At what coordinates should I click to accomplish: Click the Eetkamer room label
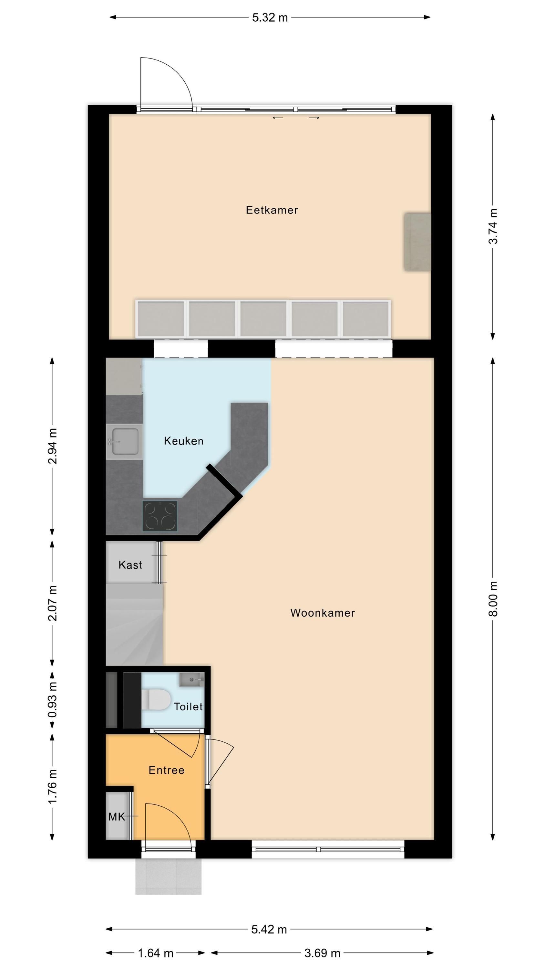coord(272,210)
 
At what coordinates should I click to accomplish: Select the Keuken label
coord(183,441)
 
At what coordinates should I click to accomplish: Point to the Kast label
coord(130,565)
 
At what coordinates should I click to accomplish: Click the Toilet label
coord(188,706)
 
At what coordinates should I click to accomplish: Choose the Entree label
coord(167,770)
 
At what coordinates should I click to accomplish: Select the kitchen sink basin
coord(125,441)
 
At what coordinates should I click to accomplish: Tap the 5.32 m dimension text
coord(270,18)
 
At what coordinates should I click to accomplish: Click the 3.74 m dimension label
coord(493,226)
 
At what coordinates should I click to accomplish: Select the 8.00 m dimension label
coord(493,599)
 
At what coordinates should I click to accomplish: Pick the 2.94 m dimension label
coord(53,446)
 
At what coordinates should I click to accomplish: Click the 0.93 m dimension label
coord(53,700)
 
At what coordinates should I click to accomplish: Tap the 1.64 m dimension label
coord(156,953)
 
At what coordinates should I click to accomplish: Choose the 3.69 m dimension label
coord(322,953)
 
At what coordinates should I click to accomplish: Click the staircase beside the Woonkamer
coord(134,624)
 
